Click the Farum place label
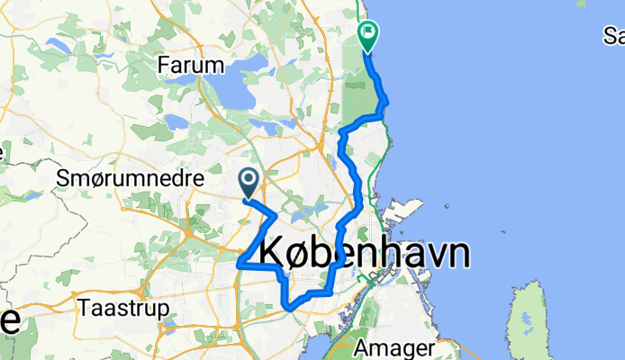tap(190, 65)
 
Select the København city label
tap(365, 254)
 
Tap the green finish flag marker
tap(368, 35)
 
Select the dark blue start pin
tap(249, 183)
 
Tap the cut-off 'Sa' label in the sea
tap(614, 37)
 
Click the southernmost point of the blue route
tap(290, 309)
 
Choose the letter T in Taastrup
tap(85, 306)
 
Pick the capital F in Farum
tap(163, 65)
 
